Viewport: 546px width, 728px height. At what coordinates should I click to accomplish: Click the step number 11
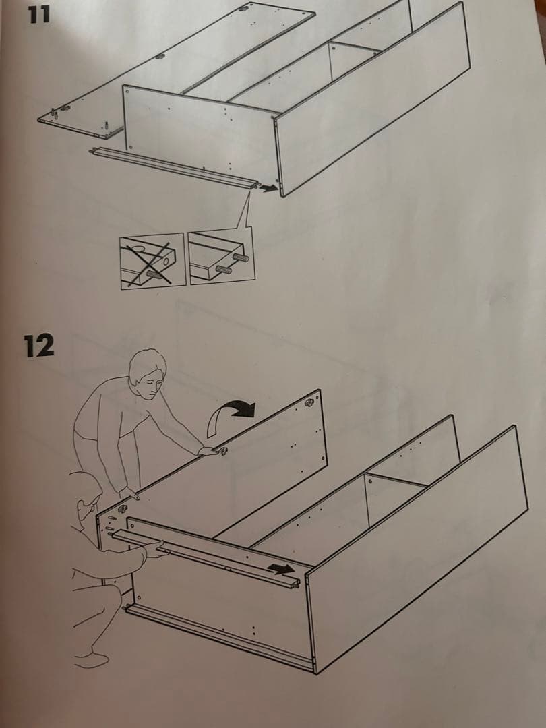click(38, 14)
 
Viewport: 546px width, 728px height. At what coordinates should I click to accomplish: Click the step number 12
click(39, 346)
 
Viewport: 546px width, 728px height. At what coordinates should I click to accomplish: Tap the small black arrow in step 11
click(269, 187)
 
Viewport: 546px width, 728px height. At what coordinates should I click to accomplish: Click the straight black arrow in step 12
click(281, 568)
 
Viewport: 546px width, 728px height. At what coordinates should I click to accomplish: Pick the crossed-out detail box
click(153, 261)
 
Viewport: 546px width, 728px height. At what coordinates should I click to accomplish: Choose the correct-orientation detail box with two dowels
click(221, 257)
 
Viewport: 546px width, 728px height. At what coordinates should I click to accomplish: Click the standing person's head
click(148, 373)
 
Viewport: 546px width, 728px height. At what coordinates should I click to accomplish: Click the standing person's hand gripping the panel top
click(210, 450)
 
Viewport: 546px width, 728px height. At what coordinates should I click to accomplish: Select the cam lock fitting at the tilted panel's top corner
click(309, 402)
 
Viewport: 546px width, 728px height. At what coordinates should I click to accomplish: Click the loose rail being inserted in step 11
click(175, 167)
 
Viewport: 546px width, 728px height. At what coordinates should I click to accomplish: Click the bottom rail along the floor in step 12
click(218, 636)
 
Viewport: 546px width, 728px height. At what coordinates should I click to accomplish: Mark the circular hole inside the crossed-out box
click(166, 262)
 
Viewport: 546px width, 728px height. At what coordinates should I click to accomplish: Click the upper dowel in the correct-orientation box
click(240, 257)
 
